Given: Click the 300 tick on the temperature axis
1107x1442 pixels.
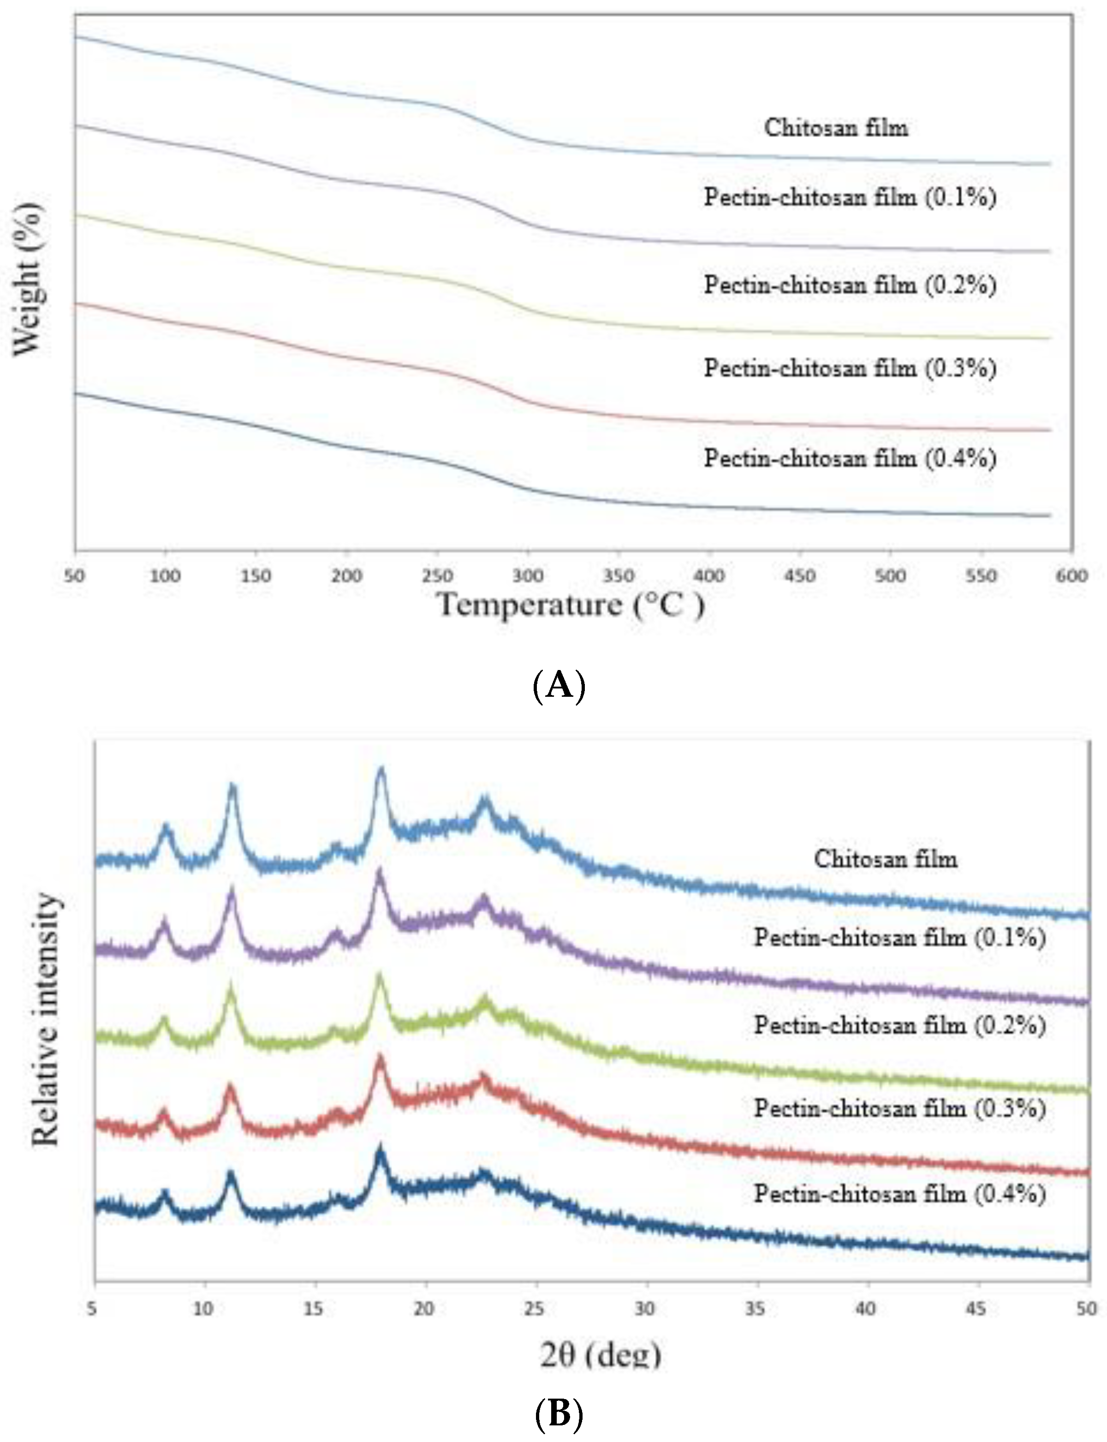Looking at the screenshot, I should [x=528, y=576].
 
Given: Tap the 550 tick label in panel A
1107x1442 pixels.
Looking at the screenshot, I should [x=981, y=576].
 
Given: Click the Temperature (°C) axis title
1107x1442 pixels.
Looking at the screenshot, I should [x=571, y=605].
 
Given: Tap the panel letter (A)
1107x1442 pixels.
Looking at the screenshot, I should [x=558, y=685].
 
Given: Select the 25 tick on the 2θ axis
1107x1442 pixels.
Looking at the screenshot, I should [x=535, y=1308].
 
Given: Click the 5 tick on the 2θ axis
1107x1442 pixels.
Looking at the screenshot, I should [x=92, y=1308].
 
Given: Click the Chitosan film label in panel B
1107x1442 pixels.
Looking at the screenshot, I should [x=886, y=859].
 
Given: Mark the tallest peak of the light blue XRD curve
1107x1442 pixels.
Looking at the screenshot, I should [x=380, y=770].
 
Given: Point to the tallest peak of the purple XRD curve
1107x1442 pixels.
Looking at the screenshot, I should [x=379, y=873].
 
